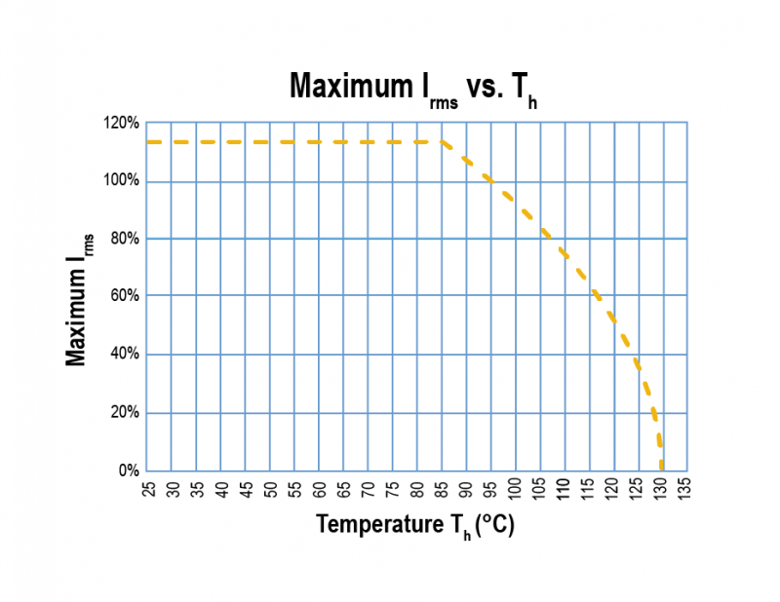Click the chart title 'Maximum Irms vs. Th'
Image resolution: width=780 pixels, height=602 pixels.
click(x=414, y=87)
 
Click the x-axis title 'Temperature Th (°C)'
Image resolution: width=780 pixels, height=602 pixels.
click(x=414, y=526)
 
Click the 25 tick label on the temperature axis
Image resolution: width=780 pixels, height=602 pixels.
click(x=147, y=486)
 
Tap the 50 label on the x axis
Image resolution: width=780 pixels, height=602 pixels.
click(x=270, y=486)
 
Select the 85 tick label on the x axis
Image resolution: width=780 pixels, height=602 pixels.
click(x=443, y=486)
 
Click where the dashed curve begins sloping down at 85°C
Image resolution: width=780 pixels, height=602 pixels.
click(x=443, y=142)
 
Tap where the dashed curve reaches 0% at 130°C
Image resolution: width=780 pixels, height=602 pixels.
click(x=663, y=469)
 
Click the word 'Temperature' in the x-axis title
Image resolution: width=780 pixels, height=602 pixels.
click(x=375, y=525)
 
